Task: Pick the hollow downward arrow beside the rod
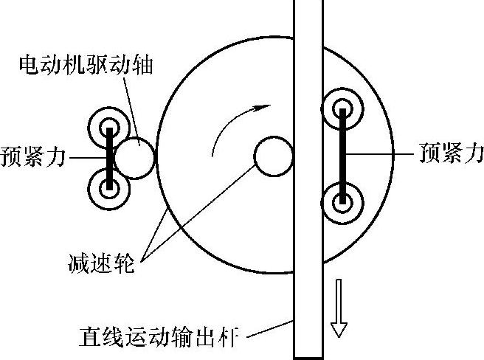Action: tap(339, 307)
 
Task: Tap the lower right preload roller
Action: tap(343, 201)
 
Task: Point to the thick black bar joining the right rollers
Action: tap(343, 156)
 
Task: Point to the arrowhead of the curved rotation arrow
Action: tap(257, 108)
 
